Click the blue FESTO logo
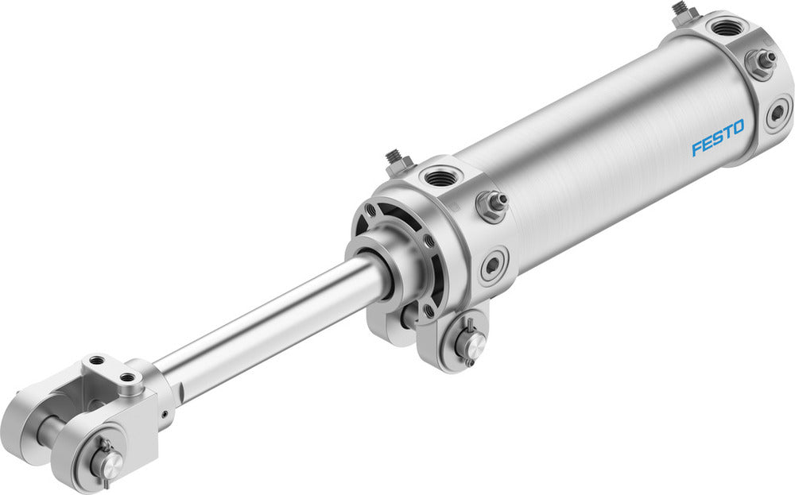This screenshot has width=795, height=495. coord(717,137)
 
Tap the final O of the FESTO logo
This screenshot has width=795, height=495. coord(738,127)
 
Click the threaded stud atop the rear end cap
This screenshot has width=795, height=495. coord(681,10)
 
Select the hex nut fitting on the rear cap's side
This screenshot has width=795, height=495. coord(760,61)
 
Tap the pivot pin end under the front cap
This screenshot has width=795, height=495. coord(471,343)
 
